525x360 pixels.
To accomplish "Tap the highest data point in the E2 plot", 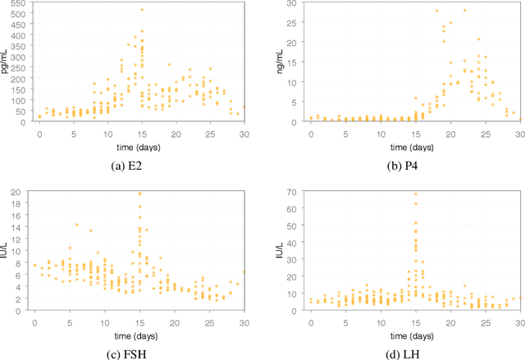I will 141,10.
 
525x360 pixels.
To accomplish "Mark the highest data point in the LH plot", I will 414,194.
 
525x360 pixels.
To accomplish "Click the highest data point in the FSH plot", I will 139,194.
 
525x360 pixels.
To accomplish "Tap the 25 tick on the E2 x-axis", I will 210,133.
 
